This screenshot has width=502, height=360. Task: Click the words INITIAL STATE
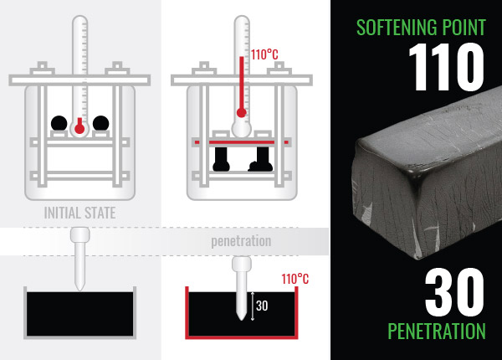point(79,213)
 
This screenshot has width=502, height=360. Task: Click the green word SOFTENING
point(393,26)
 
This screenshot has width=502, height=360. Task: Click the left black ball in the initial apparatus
point(59,124)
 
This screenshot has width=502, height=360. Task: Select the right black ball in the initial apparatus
point(101,124)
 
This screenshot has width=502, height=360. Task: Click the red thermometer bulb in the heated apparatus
point(242,112)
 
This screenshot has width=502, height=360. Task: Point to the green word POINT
point(462,26)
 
